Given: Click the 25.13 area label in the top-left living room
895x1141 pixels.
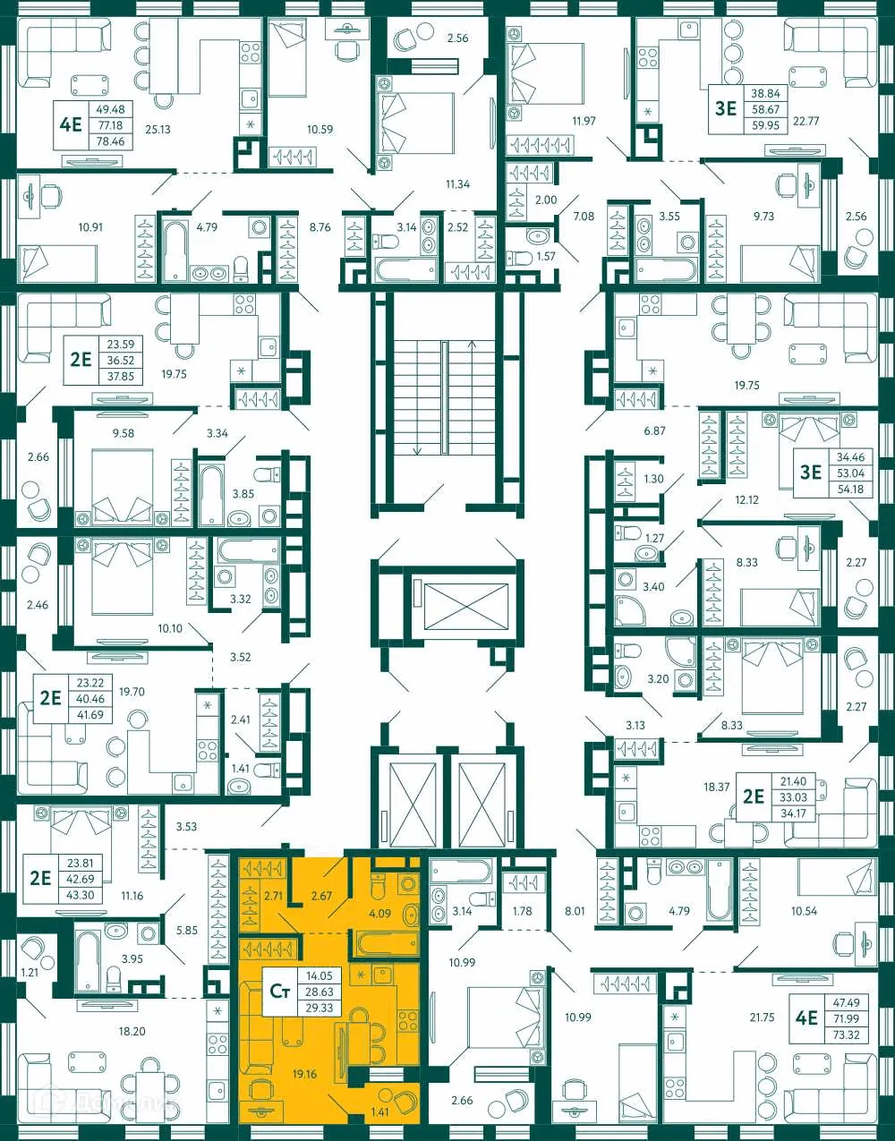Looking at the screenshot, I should pyautogui.click(x=158, y=130).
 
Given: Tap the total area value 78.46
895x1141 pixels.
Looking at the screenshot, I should pyautogui.click(x=109, y=141).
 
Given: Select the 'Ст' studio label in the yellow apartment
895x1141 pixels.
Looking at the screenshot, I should pyautogui.click(x=280, y=992).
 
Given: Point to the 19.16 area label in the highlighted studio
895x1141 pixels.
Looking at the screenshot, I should pyautogui.click(x=304, y=1074).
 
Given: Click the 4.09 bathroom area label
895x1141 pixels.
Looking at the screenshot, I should pyautogui.click(x=380, y=914).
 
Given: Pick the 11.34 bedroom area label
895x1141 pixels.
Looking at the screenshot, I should pyautogui.click(x=457, y=184).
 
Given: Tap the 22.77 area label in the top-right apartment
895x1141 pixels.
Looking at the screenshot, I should pyautogui.click(x=806, y=121).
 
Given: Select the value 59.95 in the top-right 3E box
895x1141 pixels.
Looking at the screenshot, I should pyautogui.click(x=765, y=125).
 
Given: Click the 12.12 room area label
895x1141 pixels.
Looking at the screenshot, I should pyautogui.click(x=746, y=500).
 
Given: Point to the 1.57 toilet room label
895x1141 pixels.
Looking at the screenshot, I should pyautogui.click(x=545, y=257).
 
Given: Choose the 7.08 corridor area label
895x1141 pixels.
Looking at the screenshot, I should pyautogui.click(x=584, y=217).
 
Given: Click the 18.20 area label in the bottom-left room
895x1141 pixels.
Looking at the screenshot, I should pyautogui.click(x=132, y=1032).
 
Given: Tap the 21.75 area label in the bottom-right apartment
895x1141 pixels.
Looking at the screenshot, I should pyautogui.click(x=762, y=1018).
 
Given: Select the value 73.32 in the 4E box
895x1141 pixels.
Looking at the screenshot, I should pyautogui.click(x=846, y=1035).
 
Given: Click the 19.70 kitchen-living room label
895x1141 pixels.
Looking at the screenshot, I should pyautogui.click(x=132, y=692).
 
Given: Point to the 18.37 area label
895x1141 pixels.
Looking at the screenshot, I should pyautogui.click(x=716, y=788).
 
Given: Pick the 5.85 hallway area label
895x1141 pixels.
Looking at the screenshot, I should pyautogui.click(x=186, y=931).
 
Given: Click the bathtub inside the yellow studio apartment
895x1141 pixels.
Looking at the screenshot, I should pyautogui.click(x=386, y=943).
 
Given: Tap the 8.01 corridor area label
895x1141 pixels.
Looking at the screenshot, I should pyautogui.click(x=575, y=911).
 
